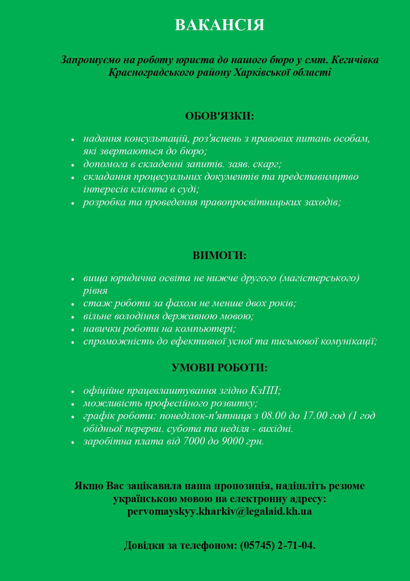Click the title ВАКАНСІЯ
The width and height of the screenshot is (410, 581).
pyautogui.click(x=220, y=25)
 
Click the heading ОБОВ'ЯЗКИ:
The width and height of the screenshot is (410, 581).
pyautogui.click(x=220, y=116)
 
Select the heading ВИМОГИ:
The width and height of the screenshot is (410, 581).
pyautogui.click(x=220, y=256)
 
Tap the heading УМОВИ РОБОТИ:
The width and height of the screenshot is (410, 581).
pyautogui.click(x=220, y=368)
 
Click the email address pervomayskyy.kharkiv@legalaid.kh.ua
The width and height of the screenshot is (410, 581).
pyautogui.click(x=220, y=511)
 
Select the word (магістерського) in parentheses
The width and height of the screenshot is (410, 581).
pyautogui.click(x=319, y=278)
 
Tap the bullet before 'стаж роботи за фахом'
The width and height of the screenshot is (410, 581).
pyautogui.click(x=73, y=304)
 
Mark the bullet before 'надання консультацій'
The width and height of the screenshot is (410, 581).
pyautogui.click(x=73, y=139)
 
